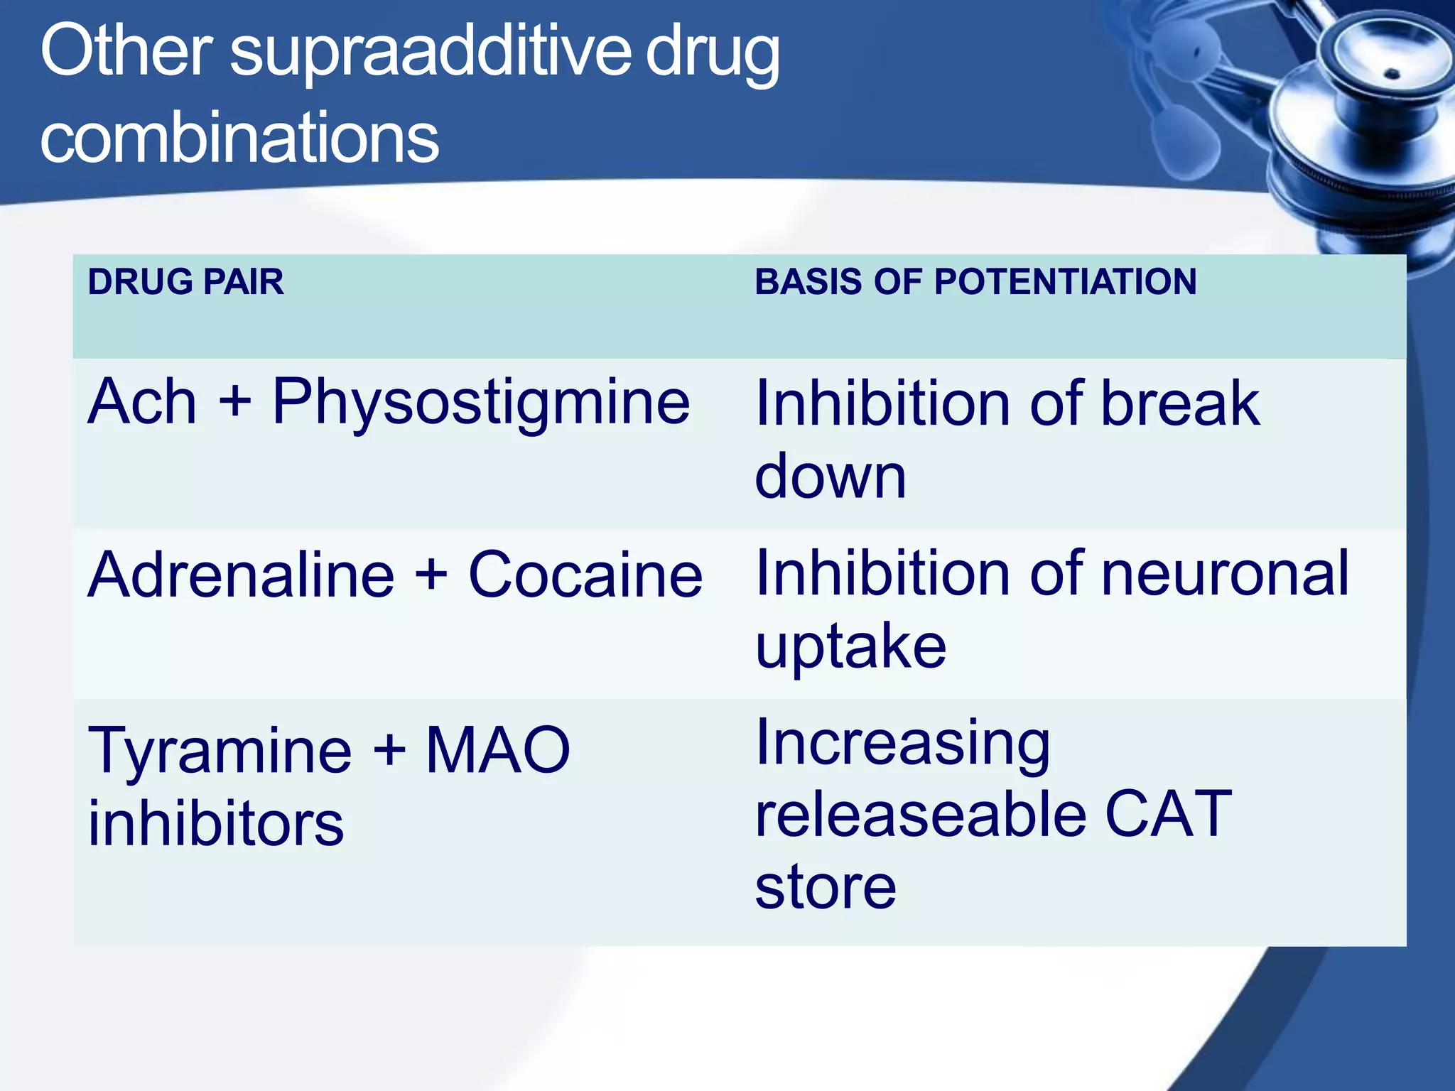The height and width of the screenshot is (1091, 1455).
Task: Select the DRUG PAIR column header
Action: point(185,282)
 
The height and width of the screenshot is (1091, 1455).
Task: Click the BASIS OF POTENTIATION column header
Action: point(975,282)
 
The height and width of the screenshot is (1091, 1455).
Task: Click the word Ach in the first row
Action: point(142,402)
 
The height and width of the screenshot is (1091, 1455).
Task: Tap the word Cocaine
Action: point(585,575)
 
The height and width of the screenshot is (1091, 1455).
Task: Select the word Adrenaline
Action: point(241,575)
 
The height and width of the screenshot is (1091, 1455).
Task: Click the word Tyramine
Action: point(220,751)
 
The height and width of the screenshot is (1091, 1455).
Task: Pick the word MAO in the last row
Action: point(498,750)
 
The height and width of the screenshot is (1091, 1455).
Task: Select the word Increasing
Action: point(902,744)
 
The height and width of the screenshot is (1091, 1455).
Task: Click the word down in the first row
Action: point(831,476)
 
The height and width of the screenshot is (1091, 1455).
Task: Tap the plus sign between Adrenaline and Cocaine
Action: point(431,575)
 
